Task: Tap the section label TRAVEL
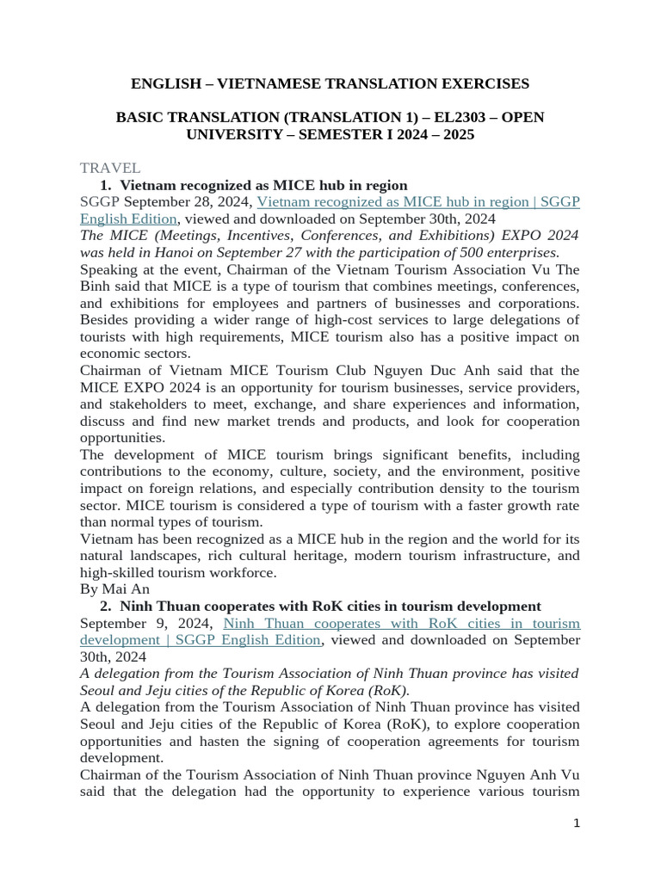coord(110,168)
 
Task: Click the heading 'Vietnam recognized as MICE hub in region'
coord(263,185)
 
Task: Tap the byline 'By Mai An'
coord(114,589)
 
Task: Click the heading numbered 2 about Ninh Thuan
coord(330,607)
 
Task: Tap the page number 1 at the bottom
coord(577,823)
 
